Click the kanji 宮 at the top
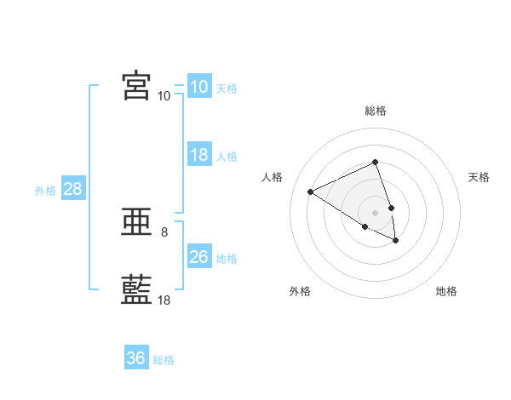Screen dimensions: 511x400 point(136,85)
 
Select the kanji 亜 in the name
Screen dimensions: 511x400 point(136,222)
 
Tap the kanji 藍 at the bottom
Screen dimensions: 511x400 point(136,289)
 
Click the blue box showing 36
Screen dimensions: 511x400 point(136,357)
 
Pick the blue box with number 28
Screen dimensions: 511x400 point(73,187)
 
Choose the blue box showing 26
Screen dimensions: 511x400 point(200,255)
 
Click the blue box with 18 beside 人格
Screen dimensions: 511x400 point(200,154)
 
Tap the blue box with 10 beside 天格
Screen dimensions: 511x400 point(200,86)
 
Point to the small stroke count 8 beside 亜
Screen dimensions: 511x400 point(164,232)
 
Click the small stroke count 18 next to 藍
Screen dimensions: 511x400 point(164,300)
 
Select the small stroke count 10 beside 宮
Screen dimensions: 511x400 point(164,96)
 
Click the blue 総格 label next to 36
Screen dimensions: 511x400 point(164,360)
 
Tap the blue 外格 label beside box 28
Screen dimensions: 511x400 point(45,191)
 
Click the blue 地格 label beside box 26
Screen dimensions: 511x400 point(227,259)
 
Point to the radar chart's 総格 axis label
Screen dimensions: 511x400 point(376,111)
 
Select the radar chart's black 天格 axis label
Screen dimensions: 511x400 point(479,177)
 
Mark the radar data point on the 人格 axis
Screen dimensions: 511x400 point(311,191)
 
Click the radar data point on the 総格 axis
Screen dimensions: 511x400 point(375,162)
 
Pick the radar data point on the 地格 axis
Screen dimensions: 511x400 point(396,241)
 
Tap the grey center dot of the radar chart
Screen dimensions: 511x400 point(375,213)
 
